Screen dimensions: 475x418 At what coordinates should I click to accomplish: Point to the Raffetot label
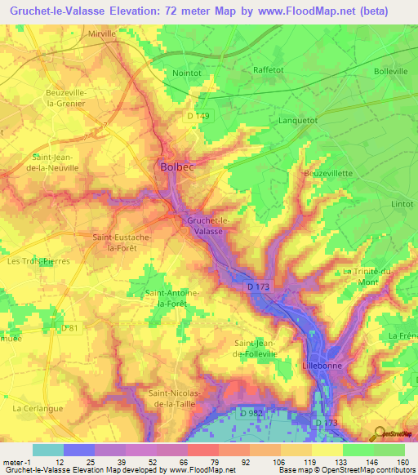coord(269,71)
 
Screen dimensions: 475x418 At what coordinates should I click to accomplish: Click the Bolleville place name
coord(389,72)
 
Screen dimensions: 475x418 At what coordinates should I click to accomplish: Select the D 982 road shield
coord(252,415)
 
